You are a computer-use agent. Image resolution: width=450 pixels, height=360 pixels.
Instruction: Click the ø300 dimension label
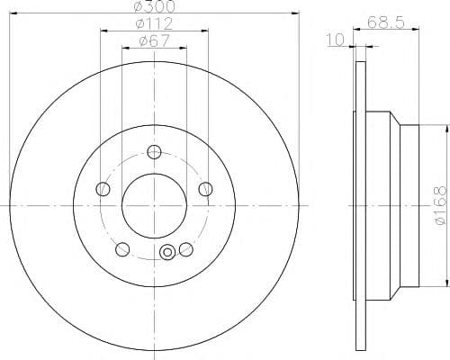click(155, 6)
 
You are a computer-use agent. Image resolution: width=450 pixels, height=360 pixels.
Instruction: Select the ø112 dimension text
click(154, 23)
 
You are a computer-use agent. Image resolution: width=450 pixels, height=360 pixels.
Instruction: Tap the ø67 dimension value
click(154, 40)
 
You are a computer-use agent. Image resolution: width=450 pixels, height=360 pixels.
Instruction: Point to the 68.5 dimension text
click(386, 22)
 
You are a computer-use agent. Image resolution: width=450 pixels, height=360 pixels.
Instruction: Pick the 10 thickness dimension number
click(336, 40)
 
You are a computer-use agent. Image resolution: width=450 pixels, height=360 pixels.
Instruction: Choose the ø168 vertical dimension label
click(441, 205)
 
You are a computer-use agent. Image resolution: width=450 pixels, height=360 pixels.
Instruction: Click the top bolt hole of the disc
click(154, 152)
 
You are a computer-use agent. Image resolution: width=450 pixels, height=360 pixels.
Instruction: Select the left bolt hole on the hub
click(103, 189)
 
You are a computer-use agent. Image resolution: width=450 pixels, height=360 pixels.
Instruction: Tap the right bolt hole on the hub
click(206, 189)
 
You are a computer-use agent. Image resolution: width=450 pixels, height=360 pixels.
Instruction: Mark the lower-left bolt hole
click(122, 249)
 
